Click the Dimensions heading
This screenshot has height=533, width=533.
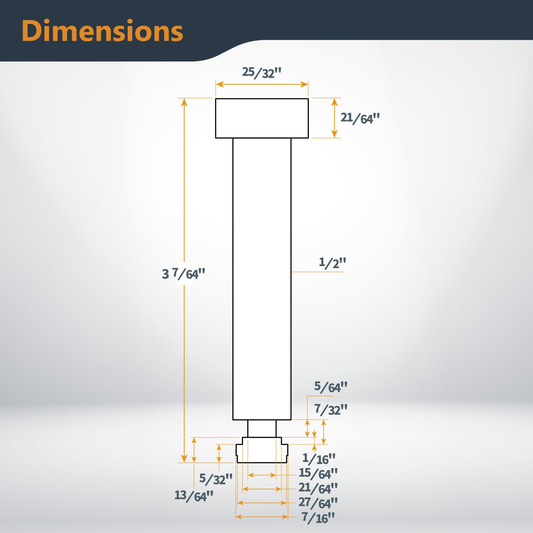[x=102, y=31]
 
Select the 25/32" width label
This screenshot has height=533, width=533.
[x=262, y=72]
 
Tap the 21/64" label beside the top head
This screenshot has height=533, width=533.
[x=360, y=118]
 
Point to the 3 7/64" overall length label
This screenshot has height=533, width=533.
[x=183, y=274]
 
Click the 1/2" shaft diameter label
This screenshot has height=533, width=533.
[x=332, y=263]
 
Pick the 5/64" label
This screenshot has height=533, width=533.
[x=330, y=387]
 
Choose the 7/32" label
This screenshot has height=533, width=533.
[x=330, y=409]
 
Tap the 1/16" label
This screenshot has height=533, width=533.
[x=319, y=459]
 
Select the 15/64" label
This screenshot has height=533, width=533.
[x=318, y=473]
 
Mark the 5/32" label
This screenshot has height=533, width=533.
[x=216, y=479]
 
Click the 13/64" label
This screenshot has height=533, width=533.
[x=194, y=495]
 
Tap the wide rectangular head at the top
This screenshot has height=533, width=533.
[x=262, y=118]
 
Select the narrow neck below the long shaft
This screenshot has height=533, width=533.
[x=262, y=429]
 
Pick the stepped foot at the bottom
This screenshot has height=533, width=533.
[x=262, y=451]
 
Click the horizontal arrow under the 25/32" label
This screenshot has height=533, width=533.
[x=262, y=84]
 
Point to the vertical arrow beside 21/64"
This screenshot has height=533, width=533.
[x=334, y=118]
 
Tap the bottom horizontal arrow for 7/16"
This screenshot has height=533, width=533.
[x=262, y=517]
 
